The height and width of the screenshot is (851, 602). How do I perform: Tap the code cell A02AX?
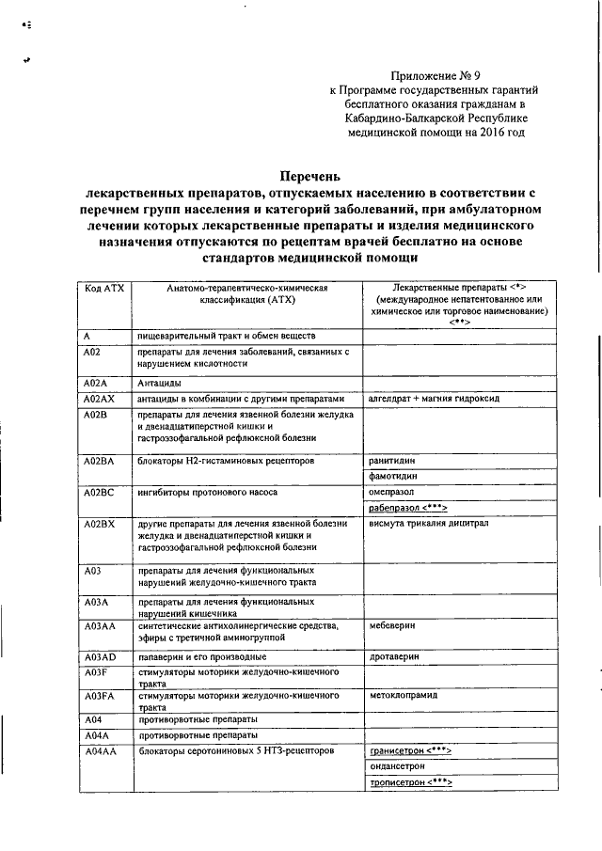click(99, 399)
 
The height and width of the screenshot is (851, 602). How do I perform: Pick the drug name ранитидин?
click(392, 461)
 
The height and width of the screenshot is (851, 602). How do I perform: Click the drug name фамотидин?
click(393, 477)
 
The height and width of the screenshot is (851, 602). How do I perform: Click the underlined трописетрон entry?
click(411, 782)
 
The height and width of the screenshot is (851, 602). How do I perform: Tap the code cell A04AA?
click(99, 751)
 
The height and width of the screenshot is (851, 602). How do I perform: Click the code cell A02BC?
click(99, 493)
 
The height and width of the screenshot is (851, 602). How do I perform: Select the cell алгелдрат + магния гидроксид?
click(434, 399)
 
